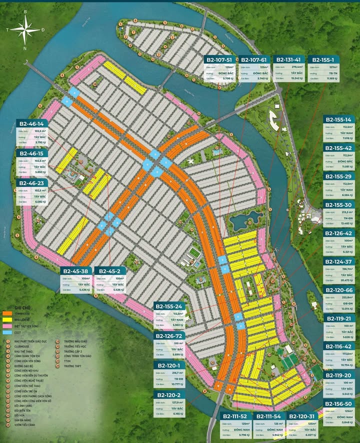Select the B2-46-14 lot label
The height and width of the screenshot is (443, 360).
tap(31, 123)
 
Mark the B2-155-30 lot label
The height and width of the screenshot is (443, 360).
tap(339, 204)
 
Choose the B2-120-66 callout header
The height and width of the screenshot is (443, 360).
tap(339, 290)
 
